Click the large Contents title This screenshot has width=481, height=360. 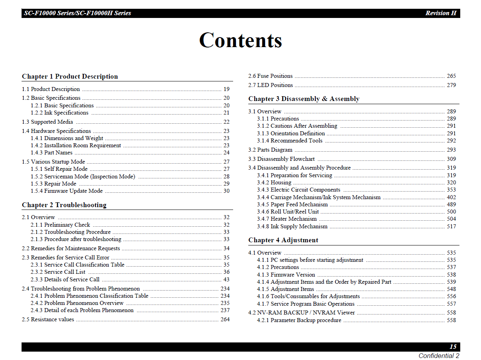(240, 40)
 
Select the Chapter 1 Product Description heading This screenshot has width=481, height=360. (70, 77)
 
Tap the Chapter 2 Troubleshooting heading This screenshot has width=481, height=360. (64, 205)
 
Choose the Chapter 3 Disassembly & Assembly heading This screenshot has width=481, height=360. (304, 99)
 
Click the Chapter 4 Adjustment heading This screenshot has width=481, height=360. (283, 240)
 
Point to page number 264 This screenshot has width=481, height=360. (225, 320)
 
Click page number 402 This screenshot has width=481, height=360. (451, 198)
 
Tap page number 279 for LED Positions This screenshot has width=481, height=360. (451, 85)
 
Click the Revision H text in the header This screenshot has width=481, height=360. (441, 13)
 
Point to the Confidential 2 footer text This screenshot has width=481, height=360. (439, 356)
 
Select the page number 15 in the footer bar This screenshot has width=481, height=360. (453, 347)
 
